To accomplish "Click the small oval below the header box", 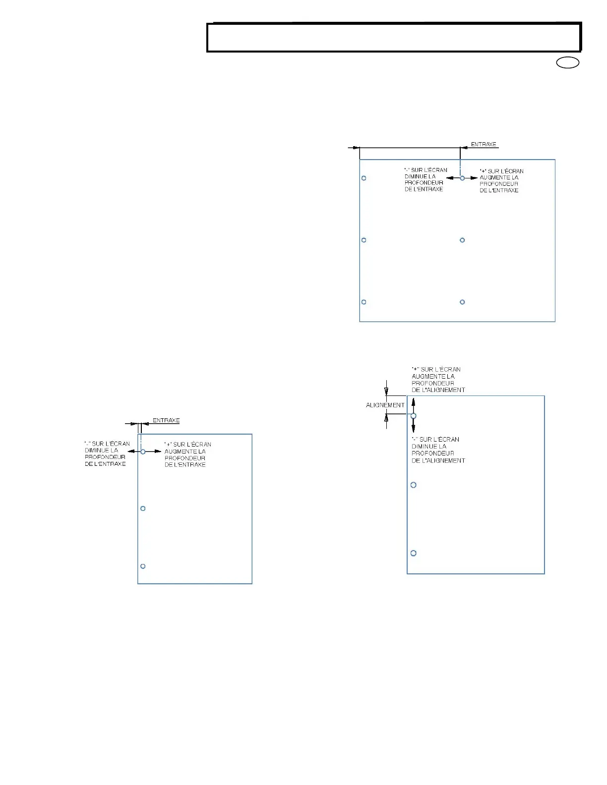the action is [x=568, y=63].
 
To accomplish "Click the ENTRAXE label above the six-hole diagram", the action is [x=484, y=144].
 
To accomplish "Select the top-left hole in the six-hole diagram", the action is [x=364, y=178].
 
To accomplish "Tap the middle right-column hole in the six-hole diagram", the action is [x=462, y=240].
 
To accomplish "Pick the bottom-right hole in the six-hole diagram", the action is [x=462, y=302].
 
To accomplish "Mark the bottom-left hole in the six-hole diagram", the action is [x=364, y=302].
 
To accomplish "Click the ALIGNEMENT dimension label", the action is [x=385, y=405].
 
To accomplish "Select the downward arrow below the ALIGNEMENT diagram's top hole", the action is [x=413, y=427].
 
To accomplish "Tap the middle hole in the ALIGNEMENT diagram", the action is [x=413, y=485].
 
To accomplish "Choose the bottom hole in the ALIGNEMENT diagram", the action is [x=413, y=553].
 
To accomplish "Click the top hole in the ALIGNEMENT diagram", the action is [x=413, y=416].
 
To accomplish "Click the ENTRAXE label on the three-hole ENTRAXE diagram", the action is [x=166, y=420].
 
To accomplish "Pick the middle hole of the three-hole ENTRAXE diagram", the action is [x=143, y=508].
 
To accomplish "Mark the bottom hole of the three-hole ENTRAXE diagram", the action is [x=143, y=566].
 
